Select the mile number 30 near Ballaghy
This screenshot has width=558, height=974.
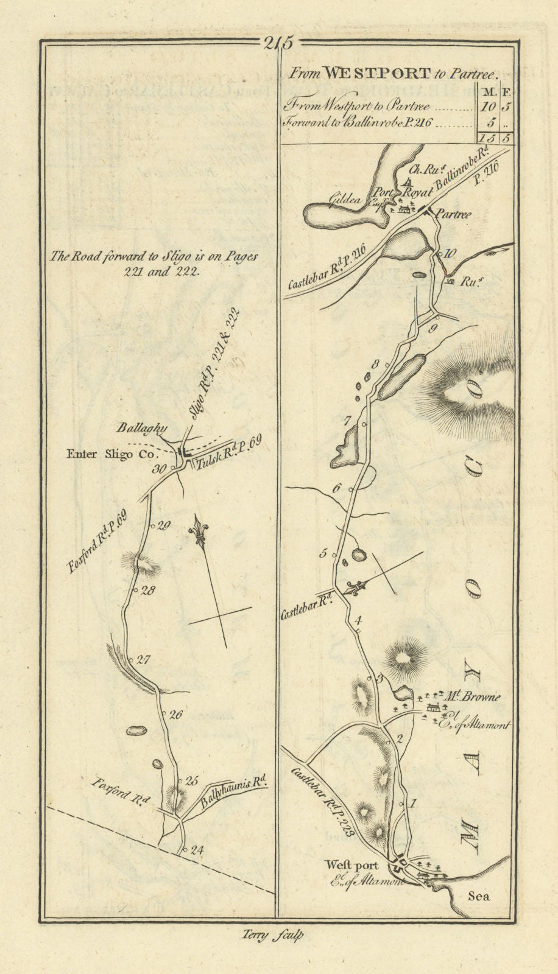coord(160,469)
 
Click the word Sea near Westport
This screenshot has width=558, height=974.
coord(479,895)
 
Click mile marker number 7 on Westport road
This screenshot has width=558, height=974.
coord(348,420)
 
